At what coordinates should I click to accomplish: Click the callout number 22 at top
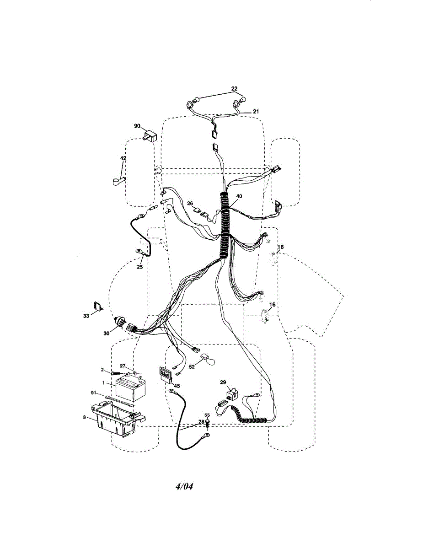coord(234,88)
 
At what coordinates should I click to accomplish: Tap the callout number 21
coord(256,111)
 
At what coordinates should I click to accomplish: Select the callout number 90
coord(137,125)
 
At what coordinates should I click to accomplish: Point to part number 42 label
coord(123,158)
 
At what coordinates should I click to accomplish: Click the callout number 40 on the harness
coord(239,196)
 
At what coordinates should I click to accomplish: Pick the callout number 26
coord(190,204)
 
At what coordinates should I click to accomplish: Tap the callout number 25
coord(140,267)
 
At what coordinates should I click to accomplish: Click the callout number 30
coord(107,333)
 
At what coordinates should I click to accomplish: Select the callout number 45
coord(177,386)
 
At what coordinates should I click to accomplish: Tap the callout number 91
coord(93,393)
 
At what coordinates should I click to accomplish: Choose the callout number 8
coord(84,417)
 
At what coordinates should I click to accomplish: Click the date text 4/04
coord(184,486)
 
